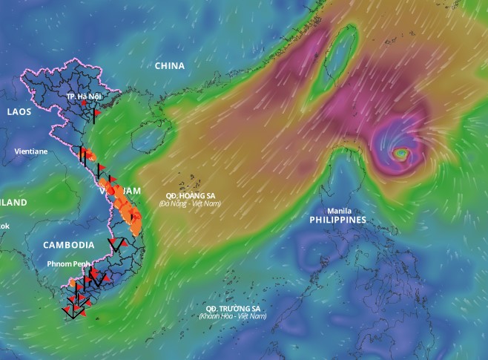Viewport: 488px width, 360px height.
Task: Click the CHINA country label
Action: click(x=169, y=66)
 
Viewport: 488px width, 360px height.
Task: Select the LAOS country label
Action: click(x=21, y=111)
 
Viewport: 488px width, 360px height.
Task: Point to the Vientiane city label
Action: click(x=30, y=151)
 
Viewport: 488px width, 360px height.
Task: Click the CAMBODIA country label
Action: click(x=68, y=245)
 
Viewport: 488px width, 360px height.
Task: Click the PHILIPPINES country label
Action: click(x=338, y=220)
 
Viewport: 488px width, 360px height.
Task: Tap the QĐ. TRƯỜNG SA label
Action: click(x=232, y=308)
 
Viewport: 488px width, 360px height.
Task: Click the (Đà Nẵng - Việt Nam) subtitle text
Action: click(x=190, y=203)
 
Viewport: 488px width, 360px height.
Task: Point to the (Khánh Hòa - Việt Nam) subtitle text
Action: click(x=232, y=317)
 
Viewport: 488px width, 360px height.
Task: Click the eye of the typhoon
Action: click(x=401, y=154)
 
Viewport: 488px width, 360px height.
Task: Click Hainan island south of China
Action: click(x=151, y=134)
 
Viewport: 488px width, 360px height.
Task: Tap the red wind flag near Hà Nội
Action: click(x=96, y=114)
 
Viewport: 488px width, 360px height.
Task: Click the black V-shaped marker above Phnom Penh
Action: click(x=116, y=245)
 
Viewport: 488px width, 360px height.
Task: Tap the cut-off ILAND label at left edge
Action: click(x=13, y=203)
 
